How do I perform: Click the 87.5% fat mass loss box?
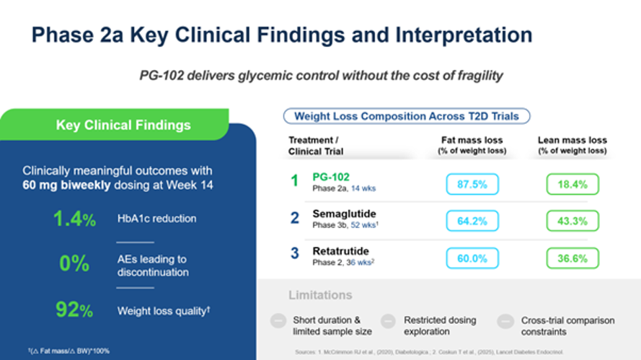tap(472, 184)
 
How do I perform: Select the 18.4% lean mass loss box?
tap(573, 184)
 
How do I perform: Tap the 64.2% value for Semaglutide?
tap(472, 221)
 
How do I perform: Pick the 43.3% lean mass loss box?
tap(573, 221)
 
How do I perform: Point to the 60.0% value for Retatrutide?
tap(472, 258)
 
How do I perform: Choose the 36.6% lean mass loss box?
tap(573, 258)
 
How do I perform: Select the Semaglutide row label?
tap(344, 214)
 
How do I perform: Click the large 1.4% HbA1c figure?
tap(74, 219)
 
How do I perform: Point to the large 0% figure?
tap(74, 264)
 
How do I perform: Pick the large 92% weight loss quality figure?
tap(74, 310)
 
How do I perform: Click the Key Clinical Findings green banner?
tap(123, 126)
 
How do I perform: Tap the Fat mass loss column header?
tap(472, 145)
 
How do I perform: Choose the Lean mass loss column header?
tap(573, 145)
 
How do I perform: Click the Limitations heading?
tap(320, 295)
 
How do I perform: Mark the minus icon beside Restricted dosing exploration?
tap(389, 321)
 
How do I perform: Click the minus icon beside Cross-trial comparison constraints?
tap(505, 321)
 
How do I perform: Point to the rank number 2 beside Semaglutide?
tap(294, 218)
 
